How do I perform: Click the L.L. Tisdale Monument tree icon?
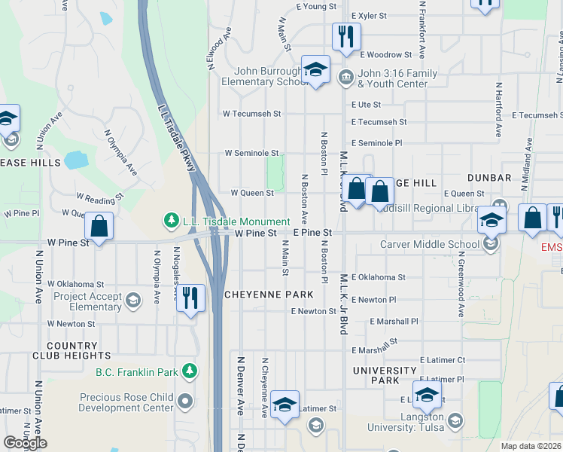coord(172,221)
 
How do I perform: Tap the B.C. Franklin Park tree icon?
coord(190,371)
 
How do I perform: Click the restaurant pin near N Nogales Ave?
coord(190,297)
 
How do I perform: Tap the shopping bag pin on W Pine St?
coord(99,225)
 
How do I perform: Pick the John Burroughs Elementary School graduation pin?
coord(316,70)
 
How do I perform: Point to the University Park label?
coord(385,375)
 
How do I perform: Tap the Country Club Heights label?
coord(66,350)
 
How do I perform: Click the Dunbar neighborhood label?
coord(489,178)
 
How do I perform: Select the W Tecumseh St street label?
coord(251,114)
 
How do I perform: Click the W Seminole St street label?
coord(251,153)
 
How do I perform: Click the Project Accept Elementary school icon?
coord(132,301)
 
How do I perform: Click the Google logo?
coord(25,443)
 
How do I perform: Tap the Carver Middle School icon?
coord(491,243)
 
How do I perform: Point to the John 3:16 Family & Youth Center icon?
coord(345,75)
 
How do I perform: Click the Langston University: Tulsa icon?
coord(455,420)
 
